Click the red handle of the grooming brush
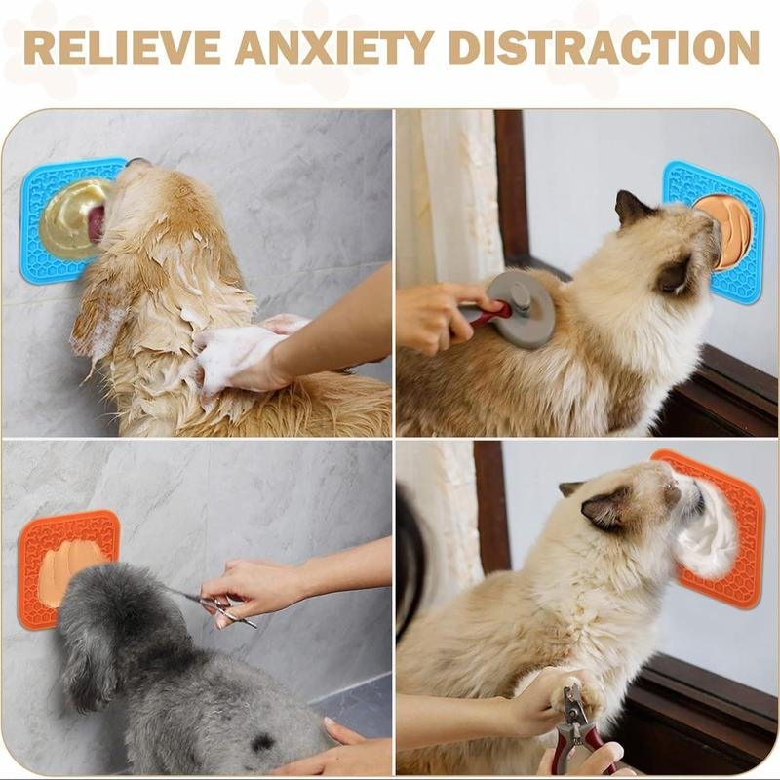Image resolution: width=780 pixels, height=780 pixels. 487,314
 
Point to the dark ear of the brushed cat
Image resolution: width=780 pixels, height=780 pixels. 632,208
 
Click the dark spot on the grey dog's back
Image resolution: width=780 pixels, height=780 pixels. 262,742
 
